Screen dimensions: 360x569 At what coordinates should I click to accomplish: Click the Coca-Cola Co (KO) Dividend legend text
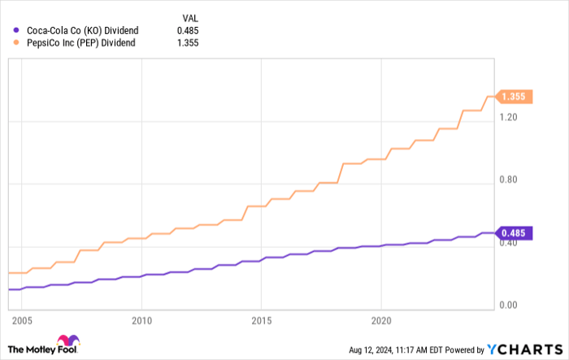(82, 30)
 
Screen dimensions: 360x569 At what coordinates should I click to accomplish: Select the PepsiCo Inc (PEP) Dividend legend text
(80, 44)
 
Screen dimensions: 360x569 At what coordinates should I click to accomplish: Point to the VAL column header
(189, 16)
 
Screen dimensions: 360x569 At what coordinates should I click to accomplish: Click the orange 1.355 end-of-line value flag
(514, 97)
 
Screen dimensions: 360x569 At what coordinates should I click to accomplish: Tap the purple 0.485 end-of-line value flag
(514, 233)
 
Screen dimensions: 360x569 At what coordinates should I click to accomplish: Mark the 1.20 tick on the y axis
(510, 117)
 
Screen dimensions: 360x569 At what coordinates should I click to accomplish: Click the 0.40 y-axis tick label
(510, 243)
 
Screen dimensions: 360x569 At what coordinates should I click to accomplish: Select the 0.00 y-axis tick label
(510, 306)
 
